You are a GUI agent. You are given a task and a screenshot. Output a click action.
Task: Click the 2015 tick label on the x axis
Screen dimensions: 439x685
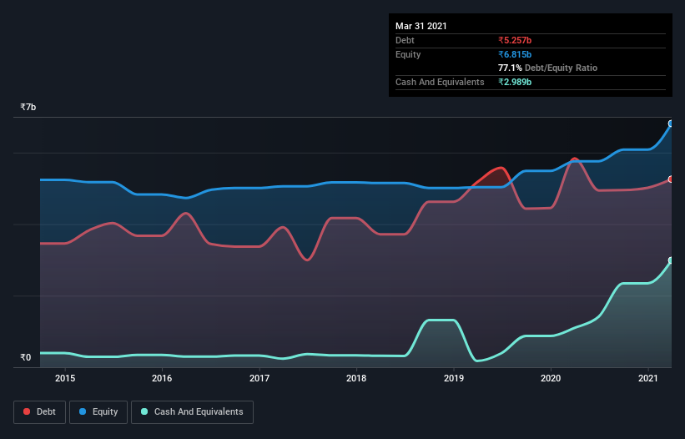65,378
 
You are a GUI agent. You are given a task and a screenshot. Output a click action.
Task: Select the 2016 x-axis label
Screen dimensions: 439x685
162,378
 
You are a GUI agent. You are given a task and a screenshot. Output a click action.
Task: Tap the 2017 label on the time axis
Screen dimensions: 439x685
259,378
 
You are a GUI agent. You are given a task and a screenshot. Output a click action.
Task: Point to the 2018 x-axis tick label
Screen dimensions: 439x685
356,378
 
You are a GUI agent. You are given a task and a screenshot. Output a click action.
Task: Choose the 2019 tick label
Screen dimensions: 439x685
454,378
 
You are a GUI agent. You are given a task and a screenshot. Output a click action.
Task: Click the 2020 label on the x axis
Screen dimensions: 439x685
551,378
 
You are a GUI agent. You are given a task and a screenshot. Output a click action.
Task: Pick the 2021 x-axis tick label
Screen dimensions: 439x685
648,378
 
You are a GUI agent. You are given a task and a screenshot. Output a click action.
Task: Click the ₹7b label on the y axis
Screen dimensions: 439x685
28,108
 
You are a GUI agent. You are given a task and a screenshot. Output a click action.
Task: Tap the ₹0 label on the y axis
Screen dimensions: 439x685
25,358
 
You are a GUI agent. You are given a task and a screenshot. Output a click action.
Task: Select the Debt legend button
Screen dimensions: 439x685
39,411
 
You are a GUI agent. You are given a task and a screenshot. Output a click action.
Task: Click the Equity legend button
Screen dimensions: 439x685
98,411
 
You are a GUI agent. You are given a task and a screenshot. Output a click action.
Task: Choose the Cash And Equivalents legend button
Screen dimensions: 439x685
192,411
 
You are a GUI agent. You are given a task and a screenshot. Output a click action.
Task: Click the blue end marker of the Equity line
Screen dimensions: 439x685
670,124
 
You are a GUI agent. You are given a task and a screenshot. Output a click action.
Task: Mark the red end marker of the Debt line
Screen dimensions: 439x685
670,179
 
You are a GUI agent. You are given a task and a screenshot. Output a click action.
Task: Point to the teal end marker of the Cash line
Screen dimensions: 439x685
670,260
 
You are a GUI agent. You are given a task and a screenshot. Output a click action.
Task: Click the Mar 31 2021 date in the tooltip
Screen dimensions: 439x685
421,26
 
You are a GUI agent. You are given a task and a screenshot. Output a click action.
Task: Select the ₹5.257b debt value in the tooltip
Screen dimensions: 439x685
515,40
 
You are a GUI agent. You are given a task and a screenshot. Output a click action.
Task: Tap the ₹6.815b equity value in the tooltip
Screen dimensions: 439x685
515,54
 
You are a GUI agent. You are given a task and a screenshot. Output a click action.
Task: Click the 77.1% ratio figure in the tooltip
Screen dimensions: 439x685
510,68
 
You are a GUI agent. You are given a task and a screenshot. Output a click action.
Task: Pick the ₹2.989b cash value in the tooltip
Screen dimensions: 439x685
515,82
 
